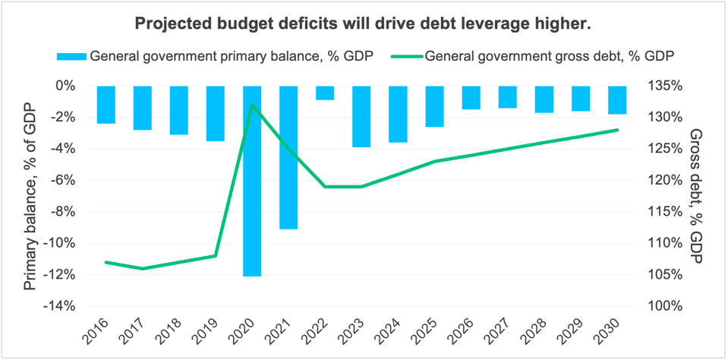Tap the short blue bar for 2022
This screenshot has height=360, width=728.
(x=325, y=93)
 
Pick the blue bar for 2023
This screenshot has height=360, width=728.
(x=361, y=116)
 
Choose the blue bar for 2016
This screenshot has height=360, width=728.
(x=106, y=105)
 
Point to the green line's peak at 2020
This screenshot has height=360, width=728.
(x=252, y=105)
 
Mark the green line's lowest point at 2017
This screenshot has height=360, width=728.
(x=143, y=268)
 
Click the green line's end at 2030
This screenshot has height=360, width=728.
(x=617, y=130)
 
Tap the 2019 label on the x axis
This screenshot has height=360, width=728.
(x=212, y=331)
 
